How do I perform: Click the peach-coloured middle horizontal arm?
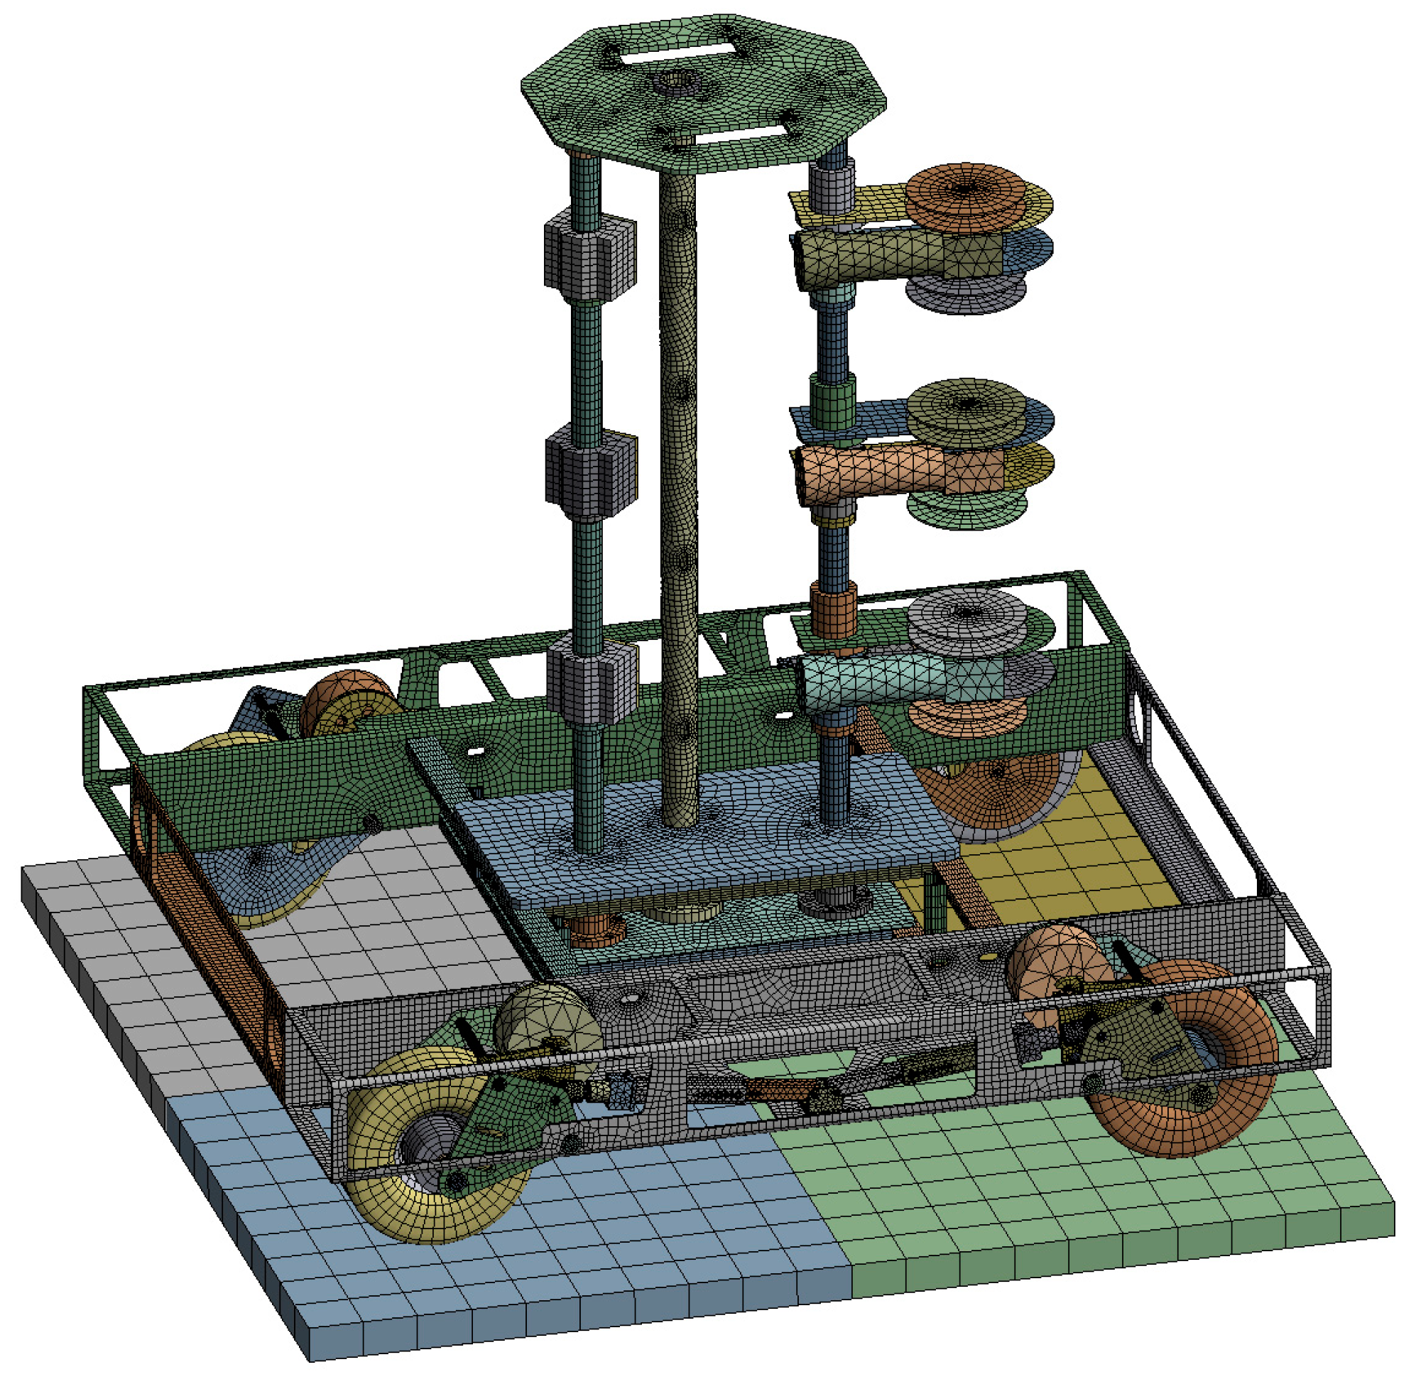click(x=876, y=473)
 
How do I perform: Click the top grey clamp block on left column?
click(x=589, y=251)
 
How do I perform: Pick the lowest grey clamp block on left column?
click(x=589, y=678)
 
